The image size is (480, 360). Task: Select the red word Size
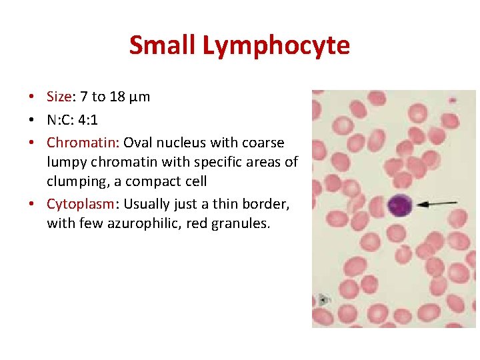coord(58,97)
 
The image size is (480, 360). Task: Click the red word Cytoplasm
coord(80,204)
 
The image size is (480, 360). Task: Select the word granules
coord(241,223)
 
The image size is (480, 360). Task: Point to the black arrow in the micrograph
coord(436,203)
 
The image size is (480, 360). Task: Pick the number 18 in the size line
coord(118,97)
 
